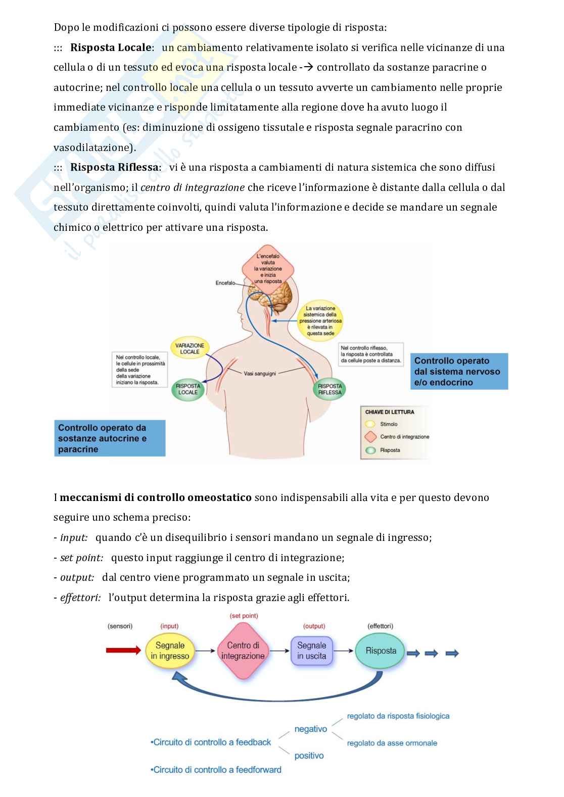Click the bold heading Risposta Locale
pyautogui.click(x=111, y=47)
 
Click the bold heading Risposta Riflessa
pyautogui.click(x=114, y=167)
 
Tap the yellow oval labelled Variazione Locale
pyautogui.click(x=190, y=348)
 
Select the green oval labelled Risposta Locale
pyautogui.click(x=188, y=389)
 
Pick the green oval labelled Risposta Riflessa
pyautogui.click(x=330, y=389)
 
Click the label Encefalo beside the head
pyautogui.click(x=225, y=283)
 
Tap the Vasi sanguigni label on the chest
pyautogui.click(x=260, y=374)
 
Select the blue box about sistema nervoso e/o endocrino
pyautogui.click(x=459, y=371)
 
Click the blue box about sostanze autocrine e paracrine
pyautogui.click(x=110, y=438)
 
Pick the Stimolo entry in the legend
pyautogui.click(x=389, y=424)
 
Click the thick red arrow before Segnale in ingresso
pyautogui.click(x=123, y=650)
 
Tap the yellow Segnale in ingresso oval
pyautogui.click(x=170, y=651)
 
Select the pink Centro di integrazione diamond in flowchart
pyautogui.click(x=243, y=651)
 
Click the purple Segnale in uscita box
pyautogui.click(x=311, y=651)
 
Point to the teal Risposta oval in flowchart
pyautogui.click(x=381, y=651)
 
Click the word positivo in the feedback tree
pyautogui.click(x=309, y=756)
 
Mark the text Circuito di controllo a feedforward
pyautogui.click(x=216, y=770)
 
